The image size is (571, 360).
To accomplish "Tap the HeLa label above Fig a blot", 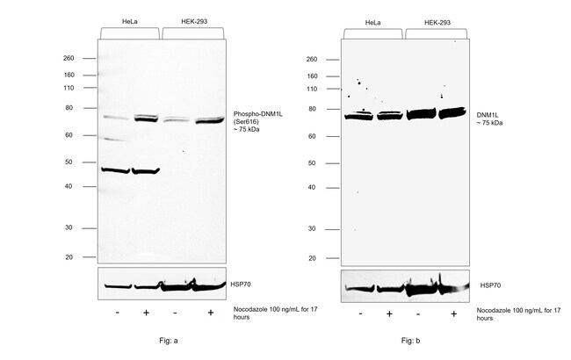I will [x=128, y=21].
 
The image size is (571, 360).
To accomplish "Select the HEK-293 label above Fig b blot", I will [x=437, y=22].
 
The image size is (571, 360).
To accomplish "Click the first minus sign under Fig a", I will [x=116, y=313].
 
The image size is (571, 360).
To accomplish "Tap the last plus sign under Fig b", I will [x=453, y=313].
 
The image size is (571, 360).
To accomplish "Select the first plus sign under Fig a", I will [x=146, y=313].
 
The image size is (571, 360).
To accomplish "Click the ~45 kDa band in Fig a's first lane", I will [x=115, y=170].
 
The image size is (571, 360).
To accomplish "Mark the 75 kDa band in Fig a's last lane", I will [x=210, y=120].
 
